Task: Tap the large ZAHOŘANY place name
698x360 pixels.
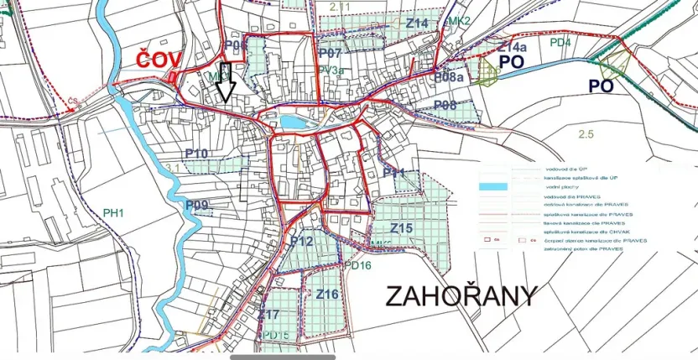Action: click(x=461, y=296)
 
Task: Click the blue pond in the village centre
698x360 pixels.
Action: click(x=293, y=123)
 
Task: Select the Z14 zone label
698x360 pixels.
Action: click(x=417, y=23)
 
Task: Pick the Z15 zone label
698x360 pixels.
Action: click(x=402, y=228)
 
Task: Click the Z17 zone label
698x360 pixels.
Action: click(x=268, y=315)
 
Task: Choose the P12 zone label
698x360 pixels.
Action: click(x=301, y=242)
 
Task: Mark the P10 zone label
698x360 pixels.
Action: click(x=196, y=153)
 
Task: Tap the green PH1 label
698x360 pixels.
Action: click(x=113, y=213)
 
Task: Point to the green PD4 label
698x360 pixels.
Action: click(x=560, y=42)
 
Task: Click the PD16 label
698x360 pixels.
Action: click(x=357, y=266)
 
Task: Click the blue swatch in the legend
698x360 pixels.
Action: click(x=492, y=186)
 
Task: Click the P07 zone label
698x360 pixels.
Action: click(x=330, y=53)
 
